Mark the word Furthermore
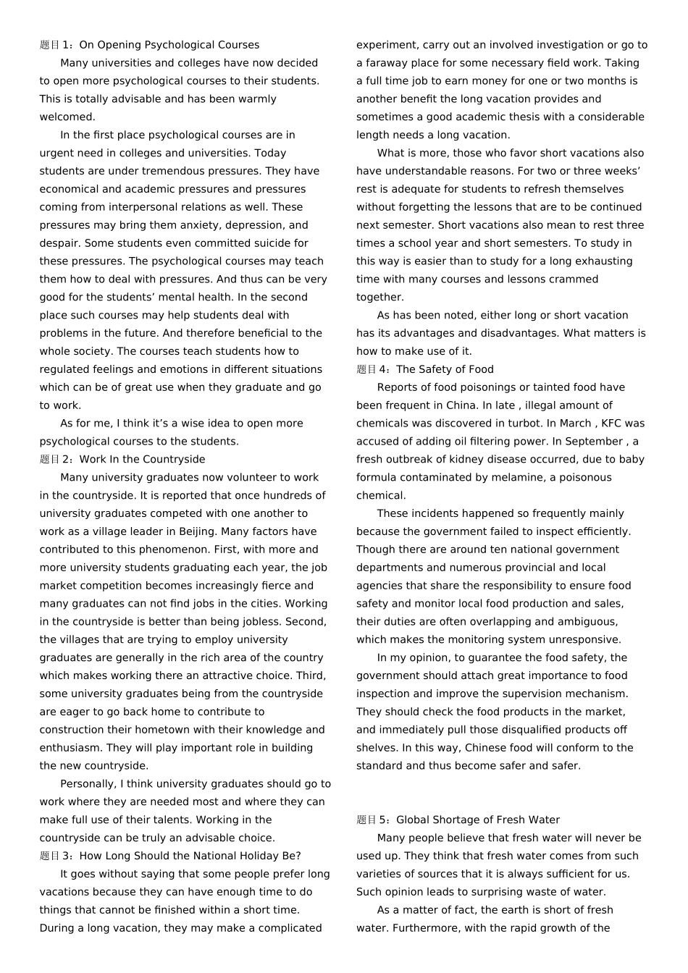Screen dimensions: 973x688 [x=430, y=928]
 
